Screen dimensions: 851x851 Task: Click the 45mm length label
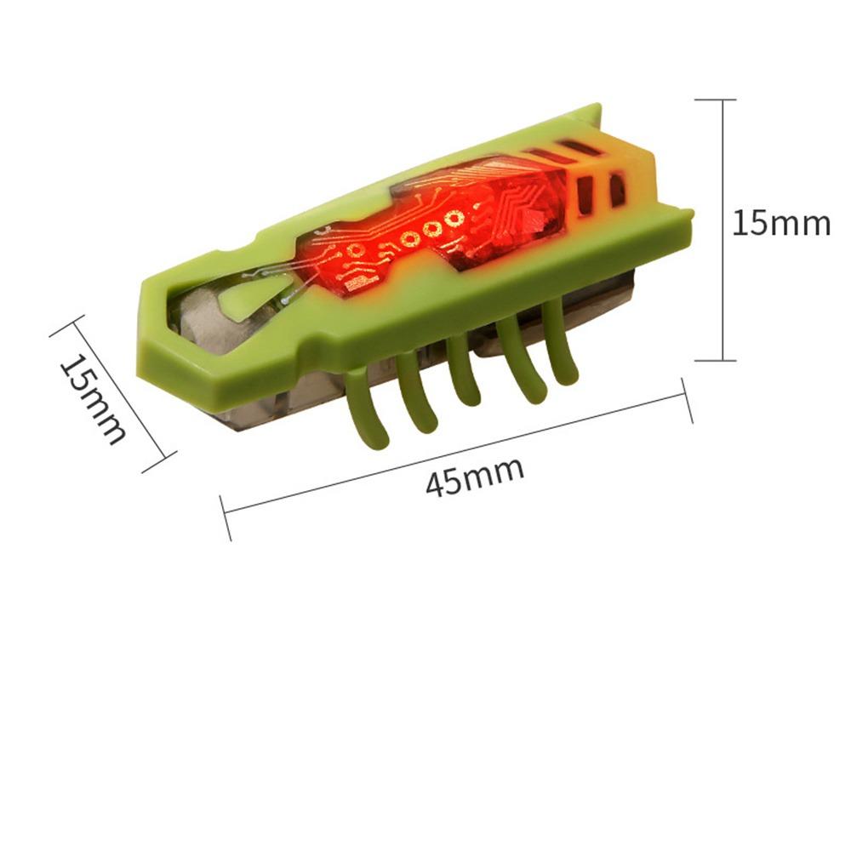coord(475,476)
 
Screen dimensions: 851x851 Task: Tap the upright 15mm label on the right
coord(781,223)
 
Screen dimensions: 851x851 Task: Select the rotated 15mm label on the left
coord(93,399)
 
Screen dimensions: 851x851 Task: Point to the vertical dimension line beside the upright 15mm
coord(722,230)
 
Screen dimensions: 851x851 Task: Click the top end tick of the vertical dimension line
coord(716,100)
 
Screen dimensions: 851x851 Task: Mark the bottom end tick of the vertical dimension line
coord(716,360)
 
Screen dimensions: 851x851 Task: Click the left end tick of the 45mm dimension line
coord(226,517)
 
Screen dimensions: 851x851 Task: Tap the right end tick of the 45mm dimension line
coord(687,401)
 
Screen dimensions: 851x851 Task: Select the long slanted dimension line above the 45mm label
coord(456,454)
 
